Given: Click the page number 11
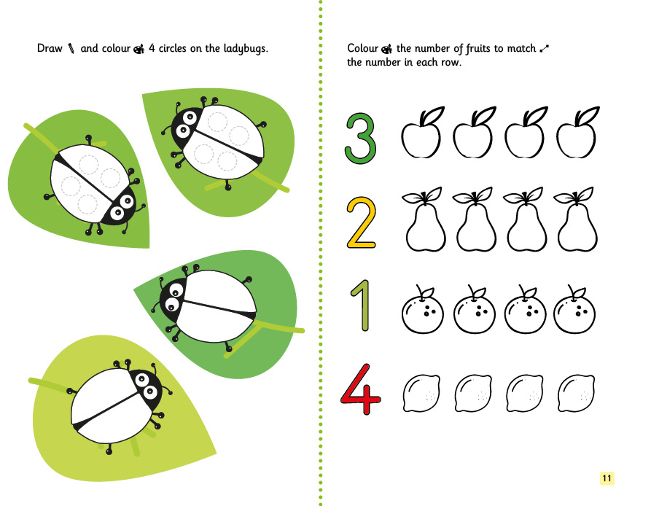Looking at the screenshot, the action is point(607,478).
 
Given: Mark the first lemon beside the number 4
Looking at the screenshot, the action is point(421,394).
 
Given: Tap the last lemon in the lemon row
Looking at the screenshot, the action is point(576,394).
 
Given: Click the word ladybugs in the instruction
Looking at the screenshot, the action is point(246,49).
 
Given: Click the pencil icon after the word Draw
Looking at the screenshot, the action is point(71,49).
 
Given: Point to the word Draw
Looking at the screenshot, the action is point(50,48).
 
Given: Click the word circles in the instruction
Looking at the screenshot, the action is point(172,48).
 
